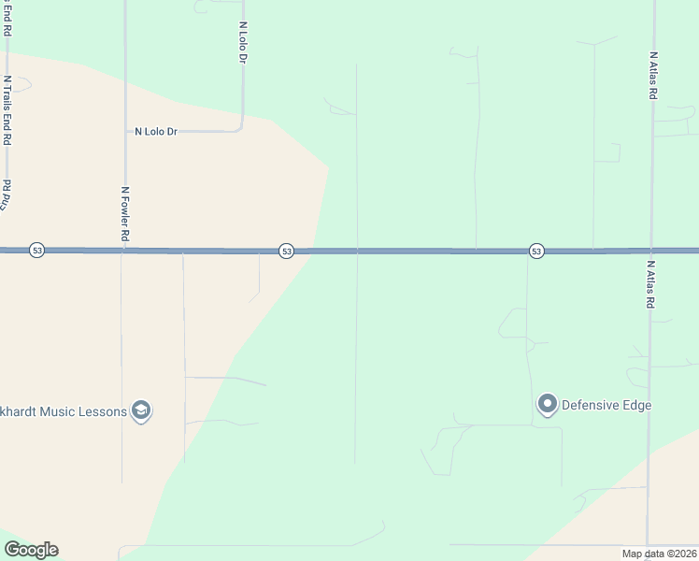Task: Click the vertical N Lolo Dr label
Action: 243,43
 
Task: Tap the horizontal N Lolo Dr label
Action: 156,132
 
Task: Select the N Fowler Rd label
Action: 124,214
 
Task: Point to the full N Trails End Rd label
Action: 7,110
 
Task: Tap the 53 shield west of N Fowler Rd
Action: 36,251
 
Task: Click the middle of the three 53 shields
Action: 286,251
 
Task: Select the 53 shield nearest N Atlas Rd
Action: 535,251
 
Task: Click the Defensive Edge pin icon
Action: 547,405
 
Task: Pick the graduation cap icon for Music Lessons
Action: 141,411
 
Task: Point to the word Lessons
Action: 106,411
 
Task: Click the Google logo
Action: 31,550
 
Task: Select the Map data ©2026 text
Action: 660,554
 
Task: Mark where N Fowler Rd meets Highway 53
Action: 122,251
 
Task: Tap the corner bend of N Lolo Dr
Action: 241,129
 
